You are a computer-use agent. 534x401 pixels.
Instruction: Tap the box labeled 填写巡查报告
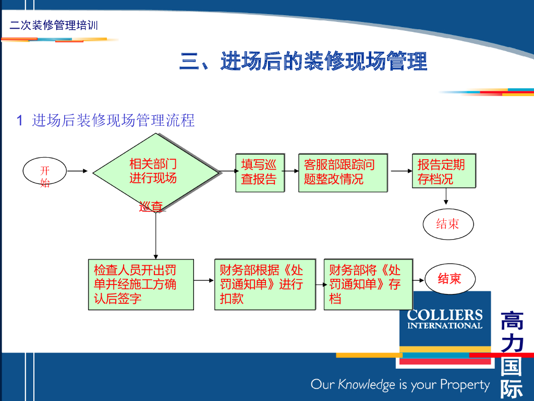point(259,172)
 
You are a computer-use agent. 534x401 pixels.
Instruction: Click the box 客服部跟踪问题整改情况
point(342,172)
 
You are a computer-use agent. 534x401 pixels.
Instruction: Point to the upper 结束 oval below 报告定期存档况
point(447,225)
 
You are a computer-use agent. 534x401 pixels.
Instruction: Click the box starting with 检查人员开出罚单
point(140,285)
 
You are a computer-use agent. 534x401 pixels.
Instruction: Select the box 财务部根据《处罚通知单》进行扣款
point(264,285)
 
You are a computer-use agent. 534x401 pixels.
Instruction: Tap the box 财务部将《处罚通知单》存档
point(368,285)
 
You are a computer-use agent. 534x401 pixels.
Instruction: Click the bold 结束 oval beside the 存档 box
point(449,279)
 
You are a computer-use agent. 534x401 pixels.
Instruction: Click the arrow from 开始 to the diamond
point(78,171)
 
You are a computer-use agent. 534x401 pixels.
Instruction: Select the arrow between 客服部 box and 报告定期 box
point(402,171)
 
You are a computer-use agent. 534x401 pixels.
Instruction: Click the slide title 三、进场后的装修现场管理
point(303,61)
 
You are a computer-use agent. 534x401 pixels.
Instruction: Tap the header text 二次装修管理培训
point(54,25)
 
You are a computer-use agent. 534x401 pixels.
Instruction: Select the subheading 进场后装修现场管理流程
point(113,121)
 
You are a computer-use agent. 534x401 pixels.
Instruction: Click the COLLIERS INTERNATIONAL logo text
point(444,319)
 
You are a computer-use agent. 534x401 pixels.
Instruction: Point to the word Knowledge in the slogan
point(367,385)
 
